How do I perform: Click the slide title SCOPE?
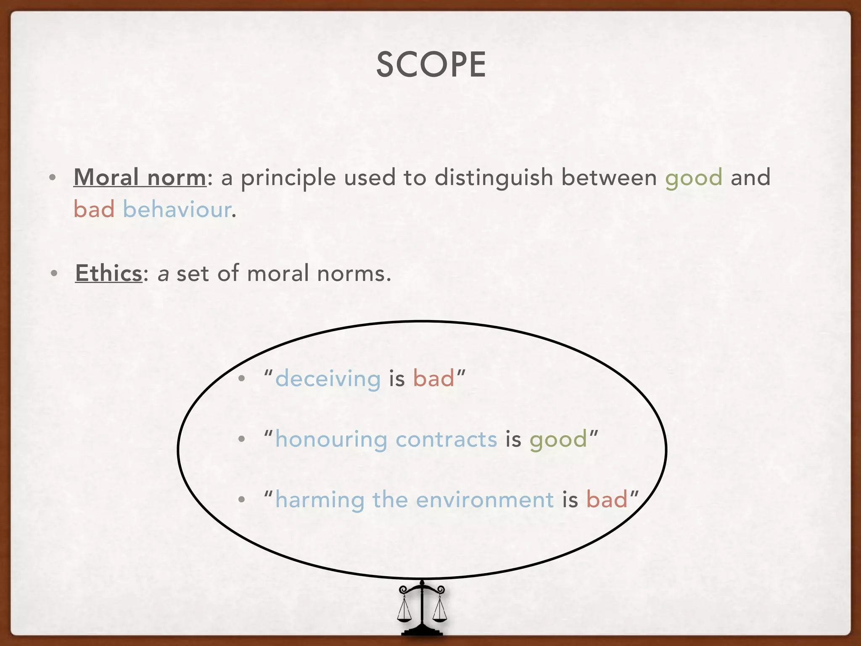(x=431, y=65)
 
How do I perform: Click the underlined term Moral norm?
(x=140, y=177)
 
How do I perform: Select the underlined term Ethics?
(x=108, y=273)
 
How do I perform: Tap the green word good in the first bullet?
(x=694, y=178)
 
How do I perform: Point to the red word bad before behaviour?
(x=94, y=209)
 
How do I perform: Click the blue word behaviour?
(x=177, y=209)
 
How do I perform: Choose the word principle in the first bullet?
(x=288, y=178)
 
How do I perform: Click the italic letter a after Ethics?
(x=163, y=274)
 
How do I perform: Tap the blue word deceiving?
(x=328, y=378)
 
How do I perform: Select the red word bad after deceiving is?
(x=433, y=378)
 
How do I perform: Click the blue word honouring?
(x=331, y=439)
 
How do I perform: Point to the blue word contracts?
(x=446, y=439)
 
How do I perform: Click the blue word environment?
(x=485, y=500)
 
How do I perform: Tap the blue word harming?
(x=320, y=500)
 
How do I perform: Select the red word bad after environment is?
(x=607, y=500)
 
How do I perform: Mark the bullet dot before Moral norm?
(x=52, y=178)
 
